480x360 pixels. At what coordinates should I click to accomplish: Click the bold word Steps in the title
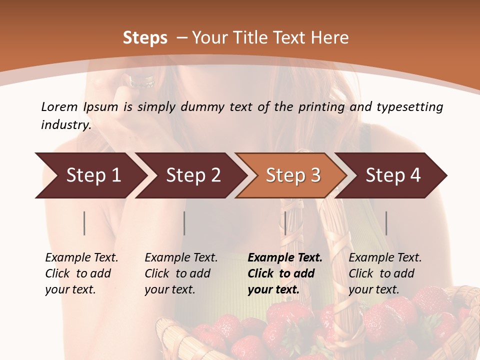pyautogui.click(x=145, y=38)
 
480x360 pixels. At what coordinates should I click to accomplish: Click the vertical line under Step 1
pyautogui.click(x=84, y=223)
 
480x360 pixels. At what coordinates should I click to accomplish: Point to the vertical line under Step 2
pyautogui.click(x=184, y=223)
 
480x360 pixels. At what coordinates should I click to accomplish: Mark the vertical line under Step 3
pyautogui.click(x=285, y=223)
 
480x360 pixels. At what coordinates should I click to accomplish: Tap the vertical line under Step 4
pyautogui.click(x=386, y=223)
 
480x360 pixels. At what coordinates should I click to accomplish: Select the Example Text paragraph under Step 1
pyautogui.click(x=81, y=273)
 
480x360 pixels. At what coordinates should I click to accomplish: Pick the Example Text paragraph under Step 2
pyautogui.click(x=181, y=273)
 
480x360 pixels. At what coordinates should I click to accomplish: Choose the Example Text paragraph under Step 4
pyautogui.click(x=385, y=273)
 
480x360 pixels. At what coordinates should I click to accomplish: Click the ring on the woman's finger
pyautogui.click(x=141, y=81)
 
